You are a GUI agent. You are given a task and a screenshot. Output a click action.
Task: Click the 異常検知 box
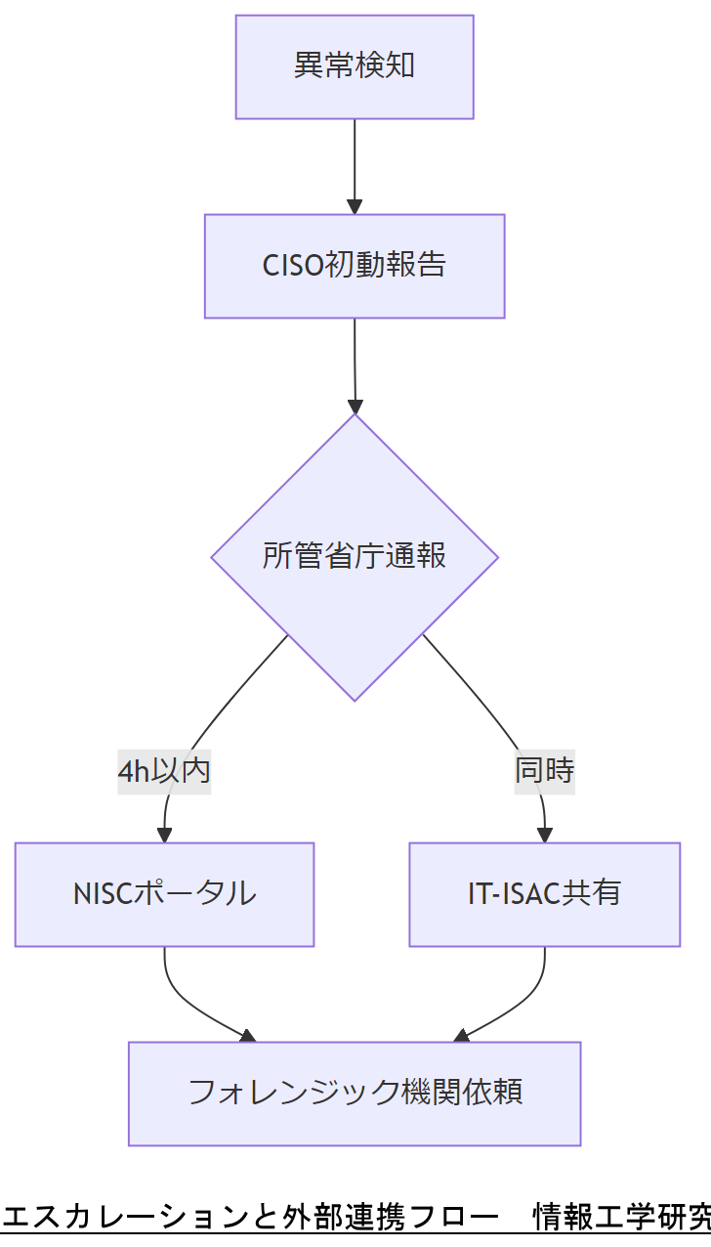tap(355, 66)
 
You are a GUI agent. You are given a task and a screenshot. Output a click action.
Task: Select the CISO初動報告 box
tap(355, 266)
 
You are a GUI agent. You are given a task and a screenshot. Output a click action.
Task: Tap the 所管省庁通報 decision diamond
tap(355, 557)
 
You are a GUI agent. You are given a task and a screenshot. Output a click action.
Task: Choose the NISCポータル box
tap(164, 894)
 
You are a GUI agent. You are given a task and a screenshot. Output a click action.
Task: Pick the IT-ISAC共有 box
tap(544, 894)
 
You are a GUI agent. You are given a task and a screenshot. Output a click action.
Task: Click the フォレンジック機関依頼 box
tap(355, 1093)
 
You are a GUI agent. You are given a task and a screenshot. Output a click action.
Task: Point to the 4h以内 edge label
tap(164, 771)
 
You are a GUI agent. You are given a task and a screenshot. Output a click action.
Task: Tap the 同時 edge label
tap(544, 771)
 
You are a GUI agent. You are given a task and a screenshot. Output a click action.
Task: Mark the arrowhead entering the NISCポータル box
tap(164, 834)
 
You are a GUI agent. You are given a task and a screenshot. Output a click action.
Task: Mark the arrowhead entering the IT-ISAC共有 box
tap(544, 834)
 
